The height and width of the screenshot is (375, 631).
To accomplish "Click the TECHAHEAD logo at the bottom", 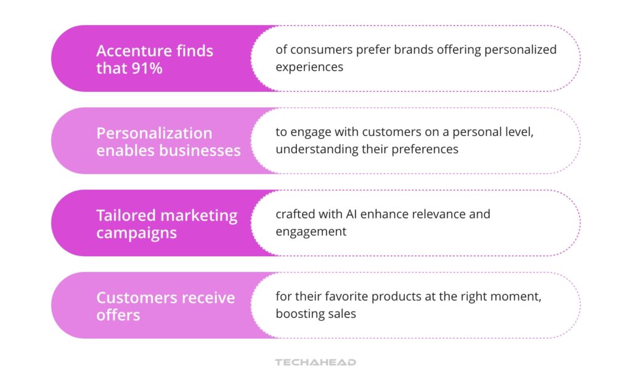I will [315, 362].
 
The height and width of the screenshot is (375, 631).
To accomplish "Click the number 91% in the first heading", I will [147, 68].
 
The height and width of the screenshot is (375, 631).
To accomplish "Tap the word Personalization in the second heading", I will [154, 133].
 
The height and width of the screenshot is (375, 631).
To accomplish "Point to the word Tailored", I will [126, 216].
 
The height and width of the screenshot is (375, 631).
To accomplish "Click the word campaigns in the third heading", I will [136, 233].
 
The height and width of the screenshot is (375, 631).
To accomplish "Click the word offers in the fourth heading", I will [118, 315].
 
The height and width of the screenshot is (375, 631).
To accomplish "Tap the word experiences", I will [309, 67].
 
